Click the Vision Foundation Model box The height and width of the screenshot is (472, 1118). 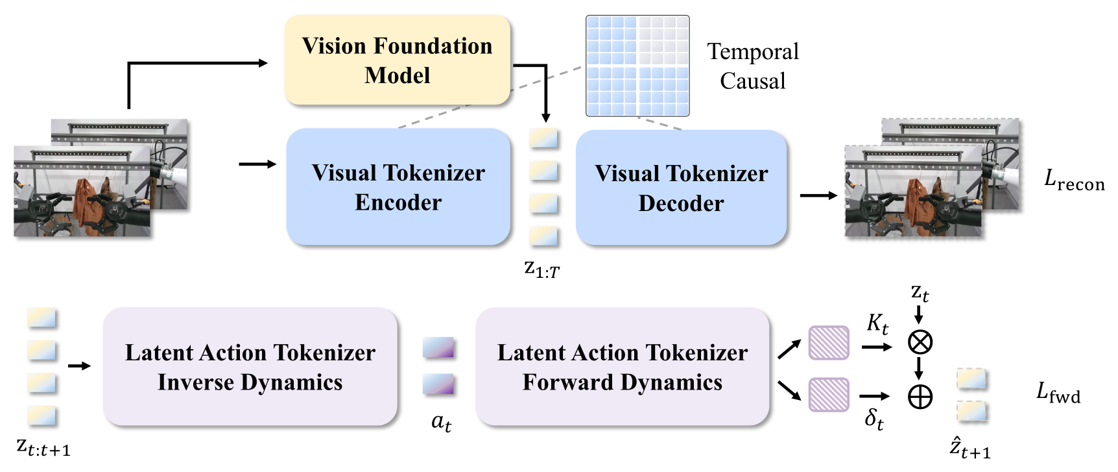click(x=398, y=60)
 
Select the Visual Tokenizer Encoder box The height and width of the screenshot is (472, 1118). click(x=398, y=187)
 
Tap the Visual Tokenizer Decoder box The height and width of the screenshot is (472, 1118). click(x=681, y=188)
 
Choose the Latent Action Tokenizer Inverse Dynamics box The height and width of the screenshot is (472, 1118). click(x=250, y=367)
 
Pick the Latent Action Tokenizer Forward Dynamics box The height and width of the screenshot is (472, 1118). click(x=623, y=367)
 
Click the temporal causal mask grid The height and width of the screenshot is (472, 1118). click(x=637, y=66)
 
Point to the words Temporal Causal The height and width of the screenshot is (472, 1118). click(x=753, y=66)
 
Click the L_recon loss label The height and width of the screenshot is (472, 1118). click(x=1074, y=180)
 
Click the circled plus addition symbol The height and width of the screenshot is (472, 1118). click(x=920, y=397)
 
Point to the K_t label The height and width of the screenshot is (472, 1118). click(x=877, y=323)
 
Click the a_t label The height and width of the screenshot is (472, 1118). click(x=441, y=423)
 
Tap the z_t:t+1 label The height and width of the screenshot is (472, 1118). click(x=43, y=447)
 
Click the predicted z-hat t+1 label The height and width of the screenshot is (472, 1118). click(x=970, y=447)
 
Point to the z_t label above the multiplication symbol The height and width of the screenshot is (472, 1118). click(x=920, y=294)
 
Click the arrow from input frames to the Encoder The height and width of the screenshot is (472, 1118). click(x=257, y=164)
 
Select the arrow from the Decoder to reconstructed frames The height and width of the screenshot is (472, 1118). click(x=818, y=195)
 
